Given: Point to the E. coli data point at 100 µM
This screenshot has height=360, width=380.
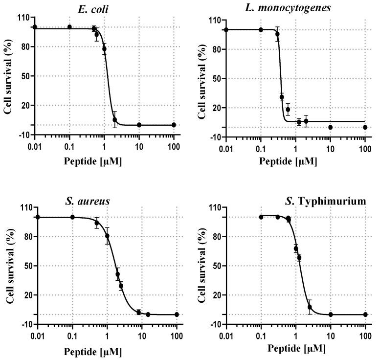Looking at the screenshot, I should (174, 125).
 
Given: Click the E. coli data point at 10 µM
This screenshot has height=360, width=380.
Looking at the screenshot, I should (139, 125).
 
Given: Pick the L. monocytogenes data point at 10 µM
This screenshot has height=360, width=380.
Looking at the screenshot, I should (331, 127).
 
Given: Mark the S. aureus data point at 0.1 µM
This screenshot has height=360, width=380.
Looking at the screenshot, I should (72, 217).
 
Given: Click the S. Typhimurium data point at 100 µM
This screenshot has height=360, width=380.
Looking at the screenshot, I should (365, 315).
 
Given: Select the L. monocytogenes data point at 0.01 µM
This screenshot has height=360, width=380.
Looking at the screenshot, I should (226, 30).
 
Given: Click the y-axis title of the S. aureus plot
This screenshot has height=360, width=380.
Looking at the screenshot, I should (8, 266).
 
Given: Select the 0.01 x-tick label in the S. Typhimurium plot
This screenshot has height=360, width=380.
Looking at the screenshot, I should (226, 337).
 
